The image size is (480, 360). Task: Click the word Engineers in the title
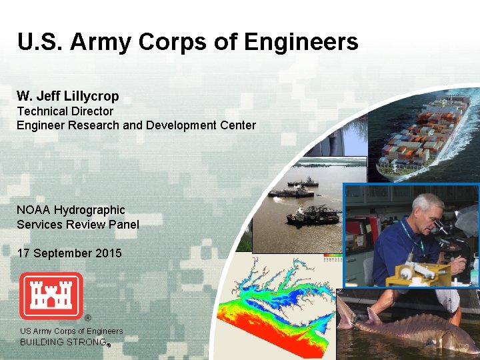(301, 43)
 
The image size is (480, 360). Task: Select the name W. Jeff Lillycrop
(68, 97)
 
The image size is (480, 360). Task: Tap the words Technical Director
(65, 111)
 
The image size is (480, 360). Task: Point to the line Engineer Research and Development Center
(136, 125)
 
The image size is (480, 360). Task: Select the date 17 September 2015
(69, 253)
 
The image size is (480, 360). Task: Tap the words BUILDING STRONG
(64, 342)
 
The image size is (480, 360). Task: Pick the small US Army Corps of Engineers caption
(71, 331)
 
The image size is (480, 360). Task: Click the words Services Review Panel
(78, 225)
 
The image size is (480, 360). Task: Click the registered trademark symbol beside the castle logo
(87, 317)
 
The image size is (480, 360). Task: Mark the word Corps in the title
(171, 43)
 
